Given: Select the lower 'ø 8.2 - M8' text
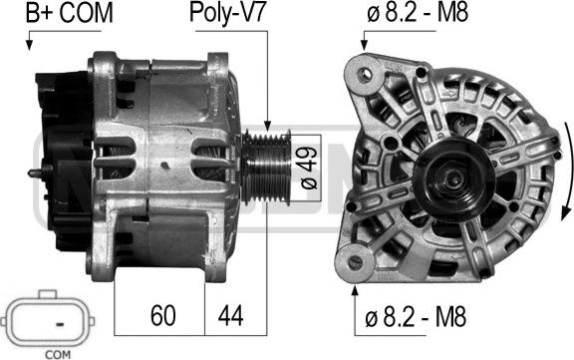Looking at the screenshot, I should click(x=424, y=319).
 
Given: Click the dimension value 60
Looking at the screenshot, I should click(x=163, y=316).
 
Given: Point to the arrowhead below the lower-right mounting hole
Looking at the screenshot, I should click(x=356, y=290).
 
